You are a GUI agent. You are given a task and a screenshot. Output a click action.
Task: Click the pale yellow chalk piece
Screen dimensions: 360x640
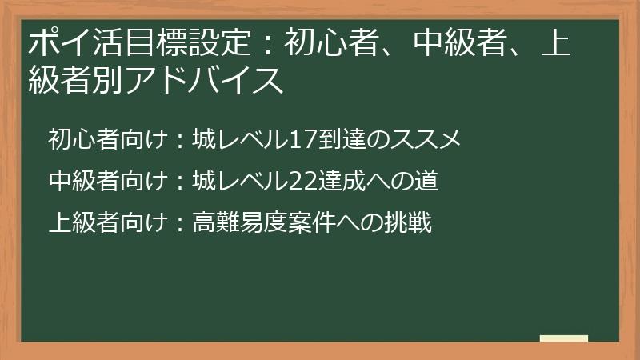click(x=564, y=338)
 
